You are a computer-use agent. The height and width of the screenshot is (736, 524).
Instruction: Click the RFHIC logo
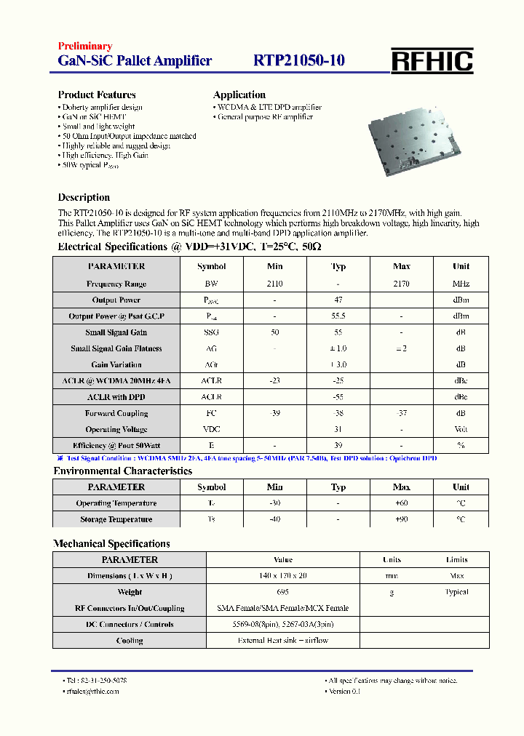[432, 61]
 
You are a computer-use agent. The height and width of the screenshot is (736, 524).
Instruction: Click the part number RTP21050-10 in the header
[298, 61]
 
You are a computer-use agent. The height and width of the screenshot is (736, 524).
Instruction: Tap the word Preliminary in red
[85, 47]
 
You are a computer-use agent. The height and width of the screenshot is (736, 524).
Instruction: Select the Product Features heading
[97, 95]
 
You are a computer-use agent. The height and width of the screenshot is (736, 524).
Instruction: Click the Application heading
[239, 95]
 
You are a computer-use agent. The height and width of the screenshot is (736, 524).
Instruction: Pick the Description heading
[84, 197]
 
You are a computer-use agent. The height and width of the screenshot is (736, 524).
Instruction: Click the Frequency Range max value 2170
[401, 284]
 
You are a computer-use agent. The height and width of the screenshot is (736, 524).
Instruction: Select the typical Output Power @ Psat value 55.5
[338, 316]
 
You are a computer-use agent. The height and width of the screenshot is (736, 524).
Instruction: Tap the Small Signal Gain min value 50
[274, 332]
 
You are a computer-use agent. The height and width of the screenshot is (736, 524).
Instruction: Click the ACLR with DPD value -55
[338, 397]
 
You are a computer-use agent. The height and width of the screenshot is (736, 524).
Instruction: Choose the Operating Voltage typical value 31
[338, 429]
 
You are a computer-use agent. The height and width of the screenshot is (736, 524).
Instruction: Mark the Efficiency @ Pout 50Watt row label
[116, 445]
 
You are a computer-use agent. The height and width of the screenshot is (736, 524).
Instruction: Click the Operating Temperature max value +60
[401, 503]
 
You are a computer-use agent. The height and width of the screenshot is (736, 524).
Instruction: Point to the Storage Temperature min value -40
[274, 519]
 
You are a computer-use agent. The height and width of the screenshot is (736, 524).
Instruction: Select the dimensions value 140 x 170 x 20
[282, 576]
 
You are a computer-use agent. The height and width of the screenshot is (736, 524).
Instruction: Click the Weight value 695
[282, 592]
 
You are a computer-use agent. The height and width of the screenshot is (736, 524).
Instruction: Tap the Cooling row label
[130, 641]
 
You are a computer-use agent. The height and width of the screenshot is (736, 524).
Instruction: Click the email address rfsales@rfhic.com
[92, 691]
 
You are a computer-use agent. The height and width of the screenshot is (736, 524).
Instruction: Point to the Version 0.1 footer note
[344, 691]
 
